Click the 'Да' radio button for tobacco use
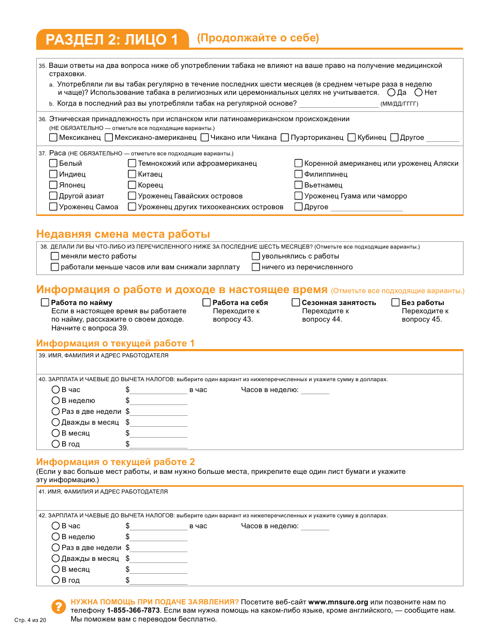coord(392,93)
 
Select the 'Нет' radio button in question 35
coord(418,93)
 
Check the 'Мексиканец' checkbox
coord(53,138)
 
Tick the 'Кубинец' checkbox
coord(352,138)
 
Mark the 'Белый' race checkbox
coord(53,164)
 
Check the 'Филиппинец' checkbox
coord(298,175)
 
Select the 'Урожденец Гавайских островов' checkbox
coord(132,196)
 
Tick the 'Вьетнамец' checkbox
coord(298,185)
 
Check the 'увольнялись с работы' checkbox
coord(256,256)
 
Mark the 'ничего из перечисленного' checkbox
coord(256,267)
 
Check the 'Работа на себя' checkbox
coord(207,302)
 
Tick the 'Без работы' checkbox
coord(396,302)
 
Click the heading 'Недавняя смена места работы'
coord(123,234)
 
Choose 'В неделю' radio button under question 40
coord(55,400)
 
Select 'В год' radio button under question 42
coord(55,580)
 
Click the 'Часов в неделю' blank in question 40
coord(315,390)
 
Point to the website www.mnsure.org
coord(338,602)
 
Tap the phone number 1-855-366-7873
coord(133,611)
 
